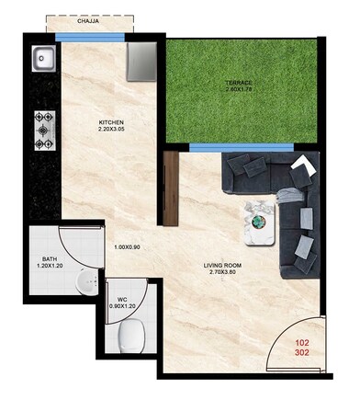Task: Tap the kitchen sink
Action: pos(42,61)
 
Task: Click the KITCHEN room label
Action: pos(112,123)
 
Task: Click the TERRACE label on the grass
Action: pos(239,83)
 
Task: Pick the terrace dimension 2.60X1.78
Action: pos(239,90)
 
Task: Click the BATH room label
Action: pos(50,259)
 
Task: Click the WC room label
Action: pos(121,299)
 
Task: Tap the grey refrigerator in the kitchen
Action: pos(145,60)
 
